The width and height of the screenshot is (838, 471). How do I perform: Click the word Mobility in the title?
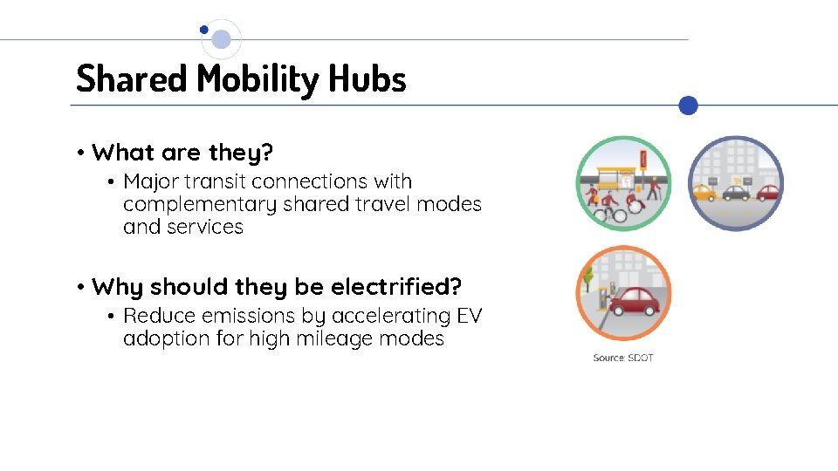click(x=258, y=79)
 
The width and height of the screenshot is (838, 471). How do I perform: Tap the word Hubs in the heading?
click(x=367, y=78)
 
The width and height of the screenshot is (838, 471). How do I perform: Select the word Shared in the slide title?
click(x=132, y=78)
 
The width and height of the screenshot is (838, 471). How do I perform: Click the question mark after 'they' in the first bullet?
click(x=268, y=153)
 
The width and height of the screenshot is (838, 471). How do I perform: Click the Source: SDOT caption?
click(x=623, y=358)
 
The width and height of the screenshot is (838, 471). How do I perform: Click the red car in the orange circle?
click(x=635, y=302)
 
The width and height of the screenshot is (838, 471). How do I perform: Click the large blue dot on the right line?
click(x=689, y=106)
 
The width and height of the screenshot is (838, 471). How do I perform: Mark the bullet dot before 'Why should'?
click(x=79, y=287)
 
